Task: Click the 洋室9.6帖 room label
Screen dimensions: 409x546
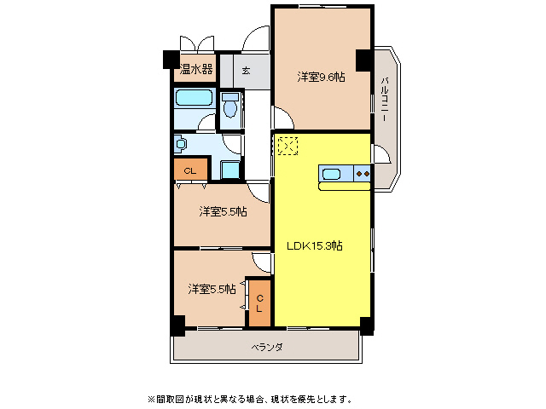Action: [x=321, y=78]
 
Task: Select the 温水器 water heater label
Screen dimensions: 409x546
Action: [x=195, y=68]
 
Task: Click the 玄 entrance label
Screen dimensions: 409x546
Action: [x=246, y=70]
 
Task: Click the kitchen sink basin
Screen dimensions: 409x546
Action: [x=331, y=175]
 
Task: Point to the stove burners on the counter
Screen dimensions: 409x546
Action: [x=361, y=175]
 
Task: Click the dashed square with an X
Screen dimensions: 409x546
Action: [x=288, y=147]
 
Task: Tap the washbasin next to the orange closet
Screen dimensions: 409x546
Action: [x=181, y=144]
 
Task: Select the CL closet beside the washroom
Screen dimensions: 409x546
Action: [x=190, y=171]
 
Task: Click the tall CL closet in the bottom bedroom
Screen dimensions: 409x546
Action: [x=259, y=302]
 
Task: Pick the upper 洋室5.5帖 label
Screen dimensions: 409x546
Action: [x=224, y=211]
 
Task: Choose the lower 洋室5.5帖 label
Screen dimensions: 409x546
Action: [x=212, y=289]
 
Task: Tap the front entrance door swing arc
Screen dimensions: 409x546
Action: [x=254, y=40]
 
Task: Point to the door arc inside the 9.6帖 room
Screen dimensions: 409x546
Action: [x=281, y=117]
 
